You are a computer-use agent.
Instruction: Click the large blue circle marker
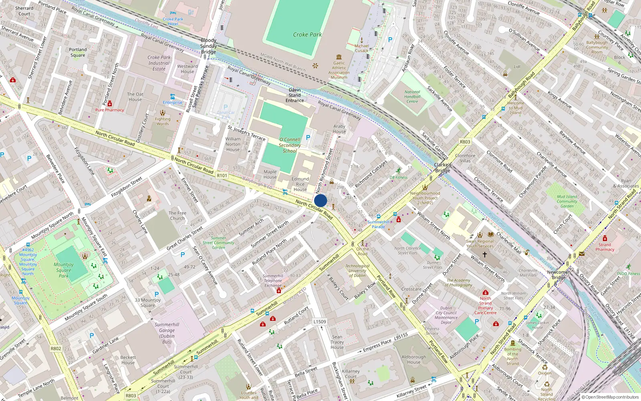(x=320, y=200)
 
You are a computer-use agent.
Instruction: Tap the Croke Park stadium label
(x=307, y=34)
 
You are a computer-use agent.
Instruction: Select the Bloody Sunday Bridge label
(x=208, y=46)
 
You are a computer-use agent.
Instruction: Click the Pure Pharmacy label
(x=109, y=110)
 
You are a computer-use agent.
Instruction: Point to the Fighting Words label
(x=163, y=121)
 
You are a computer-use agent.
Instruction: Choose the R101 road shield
(x=222, y=175)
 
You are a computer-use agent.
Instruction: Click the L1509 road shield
(x=320, y=322)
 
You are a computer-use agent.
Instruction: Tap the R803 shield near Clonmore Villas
(x=465, y=142)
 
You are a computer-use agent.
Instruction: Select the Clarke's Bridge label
(x=443, y=168)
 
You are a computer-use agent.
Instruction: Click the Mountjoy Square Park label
(x=64, y=270)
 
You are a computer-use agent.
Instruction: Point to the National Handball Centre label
(x=412, y=97)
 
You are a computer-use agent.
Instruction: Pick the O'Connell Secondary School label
(x=290, y=145)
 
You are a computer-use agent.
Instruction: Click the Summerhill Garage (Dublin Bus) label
(x=167, y=333)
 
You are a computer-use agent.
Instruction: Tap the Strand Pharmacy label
(x=605, y=247)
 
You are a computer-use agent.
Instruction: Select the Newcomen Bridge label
(x=559, y=275)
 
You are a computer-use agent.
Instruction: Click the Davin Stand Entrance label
(x=294, y=95)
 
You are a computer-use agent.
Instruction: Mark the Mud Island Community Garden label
(x=567, y=201)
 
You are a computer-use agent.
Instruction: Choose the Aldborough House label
(x=414, y=359)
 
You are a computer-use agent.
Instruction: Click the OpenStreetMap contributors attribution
(x=610, y=397)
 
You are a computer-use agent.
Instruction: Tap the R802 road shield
(x=56, y=348)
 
